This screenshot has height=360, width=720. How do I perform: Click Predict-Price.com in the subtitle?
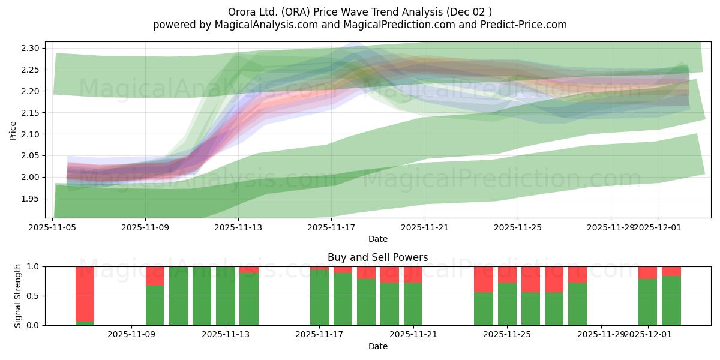521,25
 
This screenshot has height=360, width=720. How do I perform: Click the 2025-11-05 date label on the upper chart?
53,227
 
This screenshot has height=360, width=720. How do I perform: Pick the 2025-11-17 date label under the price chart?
331,227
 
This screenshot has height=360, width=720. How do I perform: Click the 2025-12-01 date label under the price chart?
658,227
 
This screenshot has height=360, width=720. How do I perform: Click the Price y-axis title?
13,130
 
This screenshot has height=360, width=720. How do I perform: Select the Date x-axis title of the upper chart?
377,239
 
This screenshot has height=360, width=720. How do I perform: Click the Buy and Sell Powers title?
377,257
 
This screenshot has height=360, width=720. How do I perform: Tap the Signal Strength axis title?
18,296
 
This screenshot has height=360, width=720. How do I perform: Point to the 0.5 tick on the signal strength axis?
33,296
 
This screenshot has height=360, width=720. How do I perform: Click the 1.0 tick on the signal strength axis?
33,266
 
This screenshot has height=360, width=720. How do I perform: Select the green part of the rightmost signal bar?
671,301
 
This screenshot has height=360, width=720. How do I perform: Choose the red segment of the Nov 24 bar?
484,279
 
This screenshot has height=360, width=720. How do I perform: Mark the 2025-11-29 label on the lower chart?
601,335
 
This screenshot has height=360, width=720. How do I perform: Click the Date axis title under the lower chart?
377,346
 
